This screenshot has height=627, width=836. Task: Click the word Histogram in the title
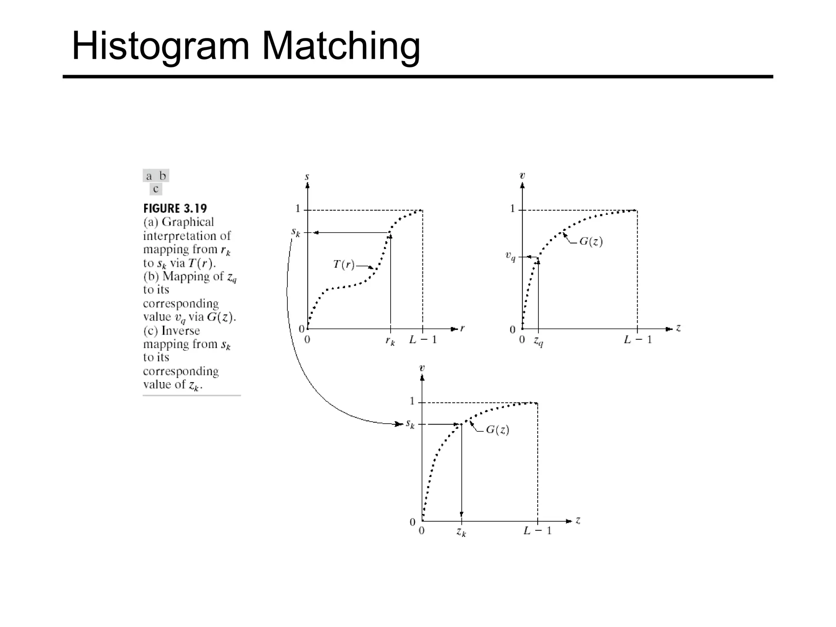point(160,46)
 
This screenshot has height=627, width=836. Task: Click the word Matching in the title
point(341,46)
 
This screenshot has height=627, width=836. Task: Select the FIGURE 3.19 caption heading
point(175,209)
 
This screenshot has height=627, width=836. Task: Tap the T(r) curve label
point(344,265)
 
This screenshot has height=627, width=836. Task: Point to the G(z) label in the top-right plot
point(591,242)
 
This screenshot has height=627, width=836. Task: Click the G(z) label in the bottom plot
point(497,430)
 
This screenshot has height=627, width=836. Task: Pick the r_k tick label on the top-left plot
point(390,341)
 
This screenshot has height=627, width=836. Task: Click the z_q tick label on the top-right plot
point(538,341)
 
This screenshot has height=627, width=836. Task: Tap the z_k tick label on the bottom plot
point(461,532)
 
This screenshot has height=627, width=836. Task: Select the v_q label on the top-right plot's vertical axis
point(510,256)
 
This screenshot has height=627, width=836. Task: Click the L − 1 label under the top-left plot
point(423,340)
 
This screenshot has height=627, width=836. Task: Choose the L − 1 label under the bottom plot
point(537,531)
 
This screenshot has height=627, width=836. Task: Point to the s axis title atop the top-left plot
point(307,177)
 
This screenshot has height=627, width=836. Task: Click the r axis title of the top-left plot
point(462,328)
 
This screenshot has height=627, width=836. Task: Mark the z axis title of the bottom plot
point(578,520)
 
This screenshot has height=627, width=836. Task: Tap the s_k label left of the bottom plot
point(410,424)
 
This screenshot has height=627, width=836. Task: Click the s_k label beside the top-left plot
point(296,233)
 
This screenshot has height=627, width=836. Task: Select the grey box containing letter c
point(156,189)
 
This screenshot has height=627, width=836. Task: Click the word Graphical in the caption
point(188,222)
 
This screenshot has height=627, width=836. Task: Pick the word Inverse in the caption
point(180,331)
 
